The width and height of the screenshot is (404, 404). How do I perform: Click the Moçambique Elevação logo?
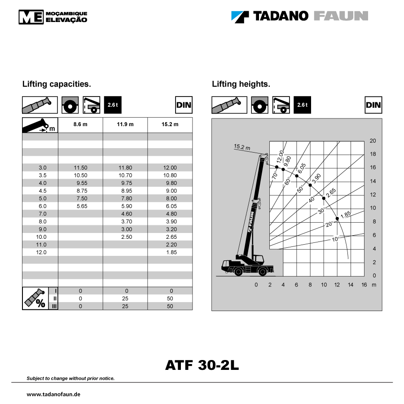[53, 17]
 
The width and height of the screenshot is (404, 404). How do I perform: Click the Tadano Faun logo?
[300, 17]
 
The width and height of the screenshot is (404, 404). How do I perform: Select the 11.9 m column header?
[125, 124]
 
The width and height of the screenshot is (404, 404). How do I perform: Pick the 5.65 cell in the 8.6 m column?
[82, 206]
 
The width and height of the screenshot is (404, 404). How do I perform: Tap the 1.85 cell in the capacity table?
[171, 252]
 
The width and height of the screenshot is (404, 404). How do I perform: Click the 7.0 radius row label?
[43, 214]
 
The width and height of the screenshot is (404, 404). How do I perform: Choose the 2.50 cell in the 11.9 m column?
[127, 237]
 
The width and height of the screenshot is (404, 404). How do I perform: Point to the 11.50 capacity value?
[80, 168]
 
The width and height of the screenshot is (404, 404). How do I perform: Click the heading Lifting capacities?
[57, 84]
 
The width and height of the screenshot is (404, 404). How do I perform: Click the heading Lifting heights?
[241, 84]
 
